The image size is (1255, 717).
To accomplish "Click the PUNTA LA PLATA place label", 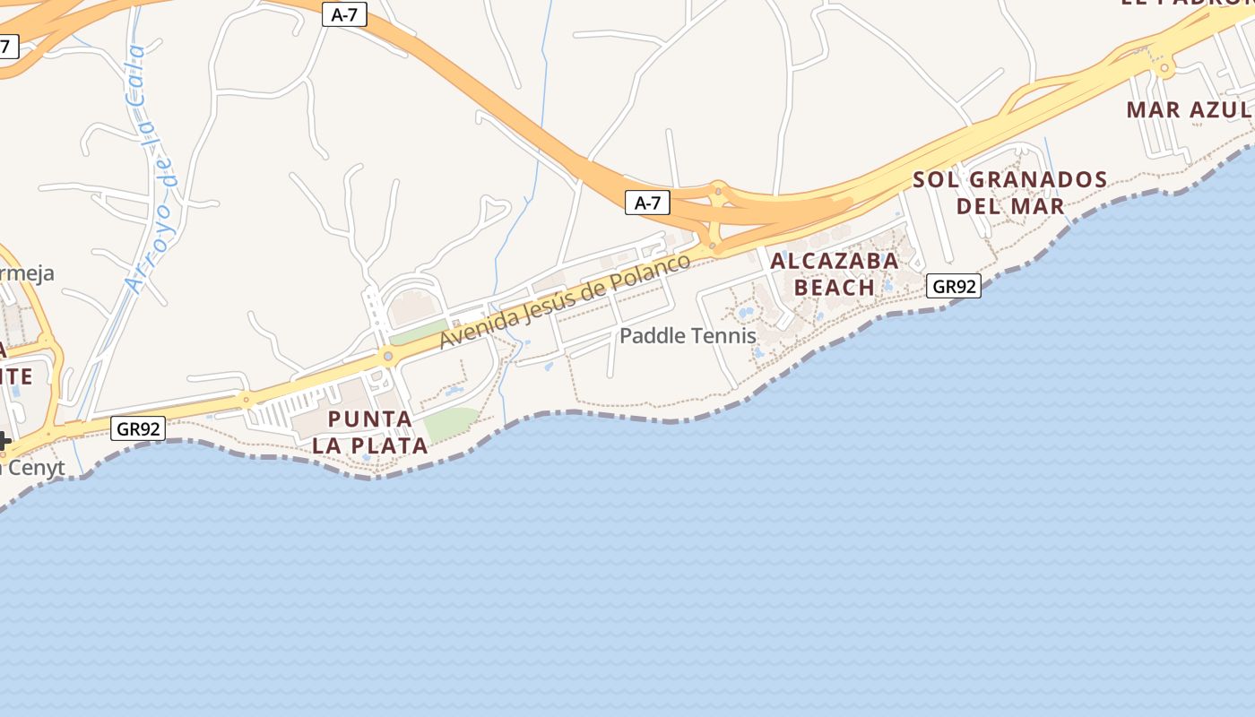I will point(370,432).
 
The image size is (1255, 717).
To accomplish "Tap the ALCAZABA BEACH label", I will point(835,274).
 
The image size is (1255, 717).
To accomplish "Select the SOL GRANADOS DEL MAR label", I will point(1010,193).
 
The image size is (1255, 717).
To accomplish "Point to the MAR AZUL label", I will point(1189,110).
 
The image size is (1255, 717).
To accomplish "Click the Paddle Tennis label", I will point(688,336).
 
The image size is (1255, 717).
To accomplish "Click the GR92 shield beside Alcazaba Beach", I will point(953,286).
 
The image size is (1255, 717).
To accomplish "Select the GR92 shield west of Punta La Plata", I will point(139,428).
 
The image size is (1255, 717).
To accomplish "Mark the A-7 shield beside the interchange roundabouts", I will point(647,203).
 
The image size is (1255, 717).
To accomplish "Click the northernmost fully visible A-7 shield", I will point(345,14).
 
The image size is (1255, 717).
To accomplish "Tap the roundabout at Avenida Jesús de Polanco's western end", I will point(387,356).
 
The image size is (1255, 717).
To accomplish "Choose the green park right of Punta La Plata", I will point(451,422).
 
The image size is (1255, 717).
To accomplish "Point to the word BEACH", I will point(835,288).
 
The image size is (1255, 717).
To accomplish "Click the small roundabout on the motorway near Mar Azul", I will point(1164,67).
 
